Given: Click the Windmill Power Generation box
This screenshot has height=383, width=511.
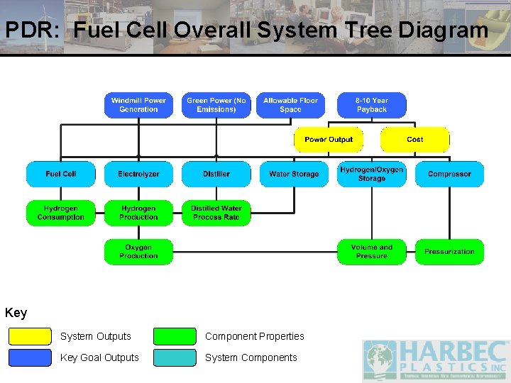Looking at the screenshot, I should click(x=138, y=105).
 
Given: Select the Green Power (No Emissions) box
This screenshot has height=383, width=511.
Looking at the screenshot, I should click(x=216, y=105).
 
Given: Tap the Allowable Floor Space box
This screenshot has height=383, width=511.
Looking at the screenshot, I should click(x=290, y=105).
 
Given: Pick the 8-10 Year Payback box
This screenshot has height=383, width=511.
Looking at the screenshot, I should click(x=372, y=105).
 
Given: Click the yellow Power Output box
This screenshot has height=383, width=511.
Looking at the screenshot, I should click(x=329, y=140).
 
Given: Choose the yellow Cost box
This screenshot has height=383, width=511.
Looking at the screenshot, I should click(x=415, y=140).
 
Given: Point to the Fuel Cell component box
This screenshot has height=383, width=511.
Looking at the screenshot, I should click(x=60, y=174).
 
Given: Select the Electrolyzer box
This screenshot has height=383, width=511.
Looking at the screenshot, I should click(x=138, y=174).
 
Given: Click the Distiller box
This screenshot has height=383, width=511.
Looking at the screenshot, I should click(x=216, y=174).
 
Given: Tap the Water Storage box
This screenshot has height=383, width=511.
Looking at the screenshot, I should click(x=294, y=174).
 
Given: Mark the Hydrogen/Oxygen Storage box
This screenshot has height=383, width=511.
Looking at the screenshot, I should click(x=372, y=174).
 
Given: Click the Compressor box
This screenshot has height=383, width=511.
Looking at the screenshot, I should click(x=449, y=174).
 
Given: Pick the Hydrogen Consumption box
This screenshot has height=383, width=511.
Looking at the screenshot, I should click(x=60, y=213).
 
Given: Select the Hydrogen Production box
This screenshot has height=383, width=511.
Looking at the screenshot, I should click(x=138, y=213).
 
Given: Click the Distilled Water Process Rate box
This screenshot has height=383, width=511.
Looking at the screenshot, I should click(x=216, y=213).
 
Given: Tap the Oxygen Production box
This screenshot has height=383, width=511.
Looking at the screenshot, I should click(x=138, y=252).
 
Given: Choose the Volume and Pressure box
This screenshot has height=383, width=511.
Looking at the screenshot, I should click(x=372, y=252).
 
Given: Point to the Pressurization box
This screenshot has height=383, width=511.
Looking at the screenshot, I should click(x=449, y=252).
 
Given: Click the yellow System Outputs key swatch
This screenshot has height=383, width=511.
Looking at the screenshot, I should click(x=30, y=336).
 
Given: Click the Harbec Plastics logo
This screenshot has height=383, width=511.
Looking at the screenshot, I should click(x=436, y=360).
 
